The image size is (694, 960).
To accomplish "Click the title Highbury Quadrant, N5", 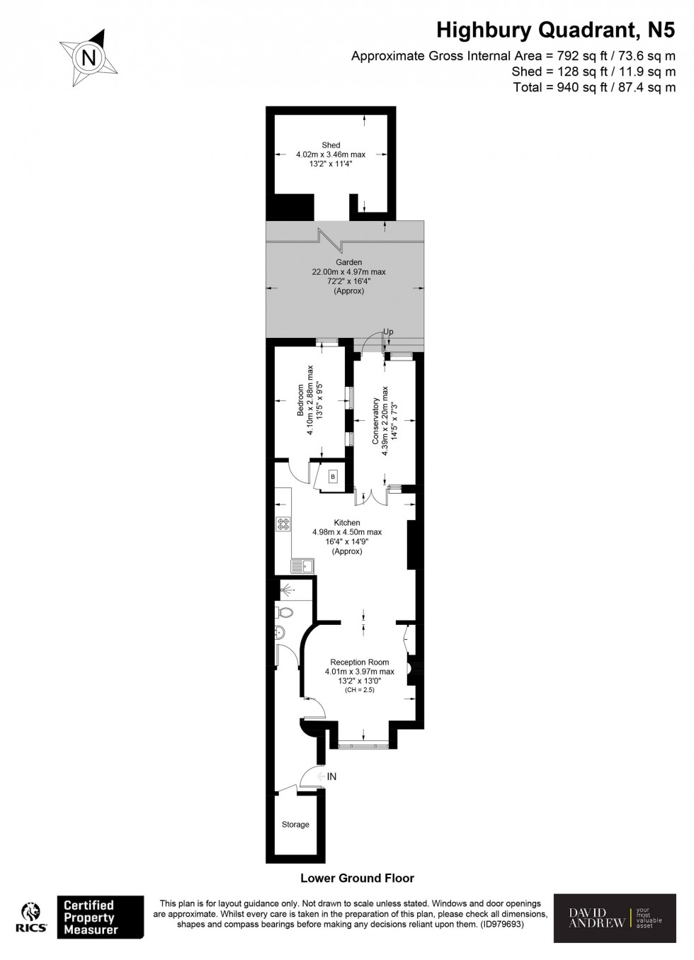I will [555, 30].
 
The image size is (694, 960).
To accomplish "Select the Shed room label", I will [331, 145].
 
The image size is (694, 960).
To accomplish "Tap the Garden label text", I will [348, 262].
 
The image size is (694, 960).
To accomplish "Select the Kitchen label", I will [347, 523].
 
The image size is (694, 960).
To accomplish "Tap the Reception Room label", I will [359, 662].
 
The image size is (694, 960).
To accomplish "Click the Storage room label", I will [295, 825].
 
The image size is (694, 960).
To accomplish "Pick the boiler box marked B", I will [332, 477].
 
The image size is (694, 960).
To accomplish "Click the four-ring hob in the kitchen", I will [283, 524].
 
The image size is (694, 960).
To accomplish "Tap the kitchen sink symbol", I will [300, 565].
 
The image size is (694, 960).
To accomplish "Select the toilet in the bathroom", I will [284, 612].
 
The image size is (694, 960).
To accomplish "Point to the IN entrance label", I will [331, 777].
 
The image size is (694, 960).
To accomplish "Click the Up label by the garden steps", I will [388, 332].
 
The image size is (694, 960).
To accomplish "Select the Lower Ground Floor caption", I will [357, 878].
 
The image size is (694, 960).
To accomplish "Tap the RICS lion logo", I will [31, 918].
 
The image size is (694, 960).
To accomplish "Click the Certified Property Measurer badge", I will [100, 917].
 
